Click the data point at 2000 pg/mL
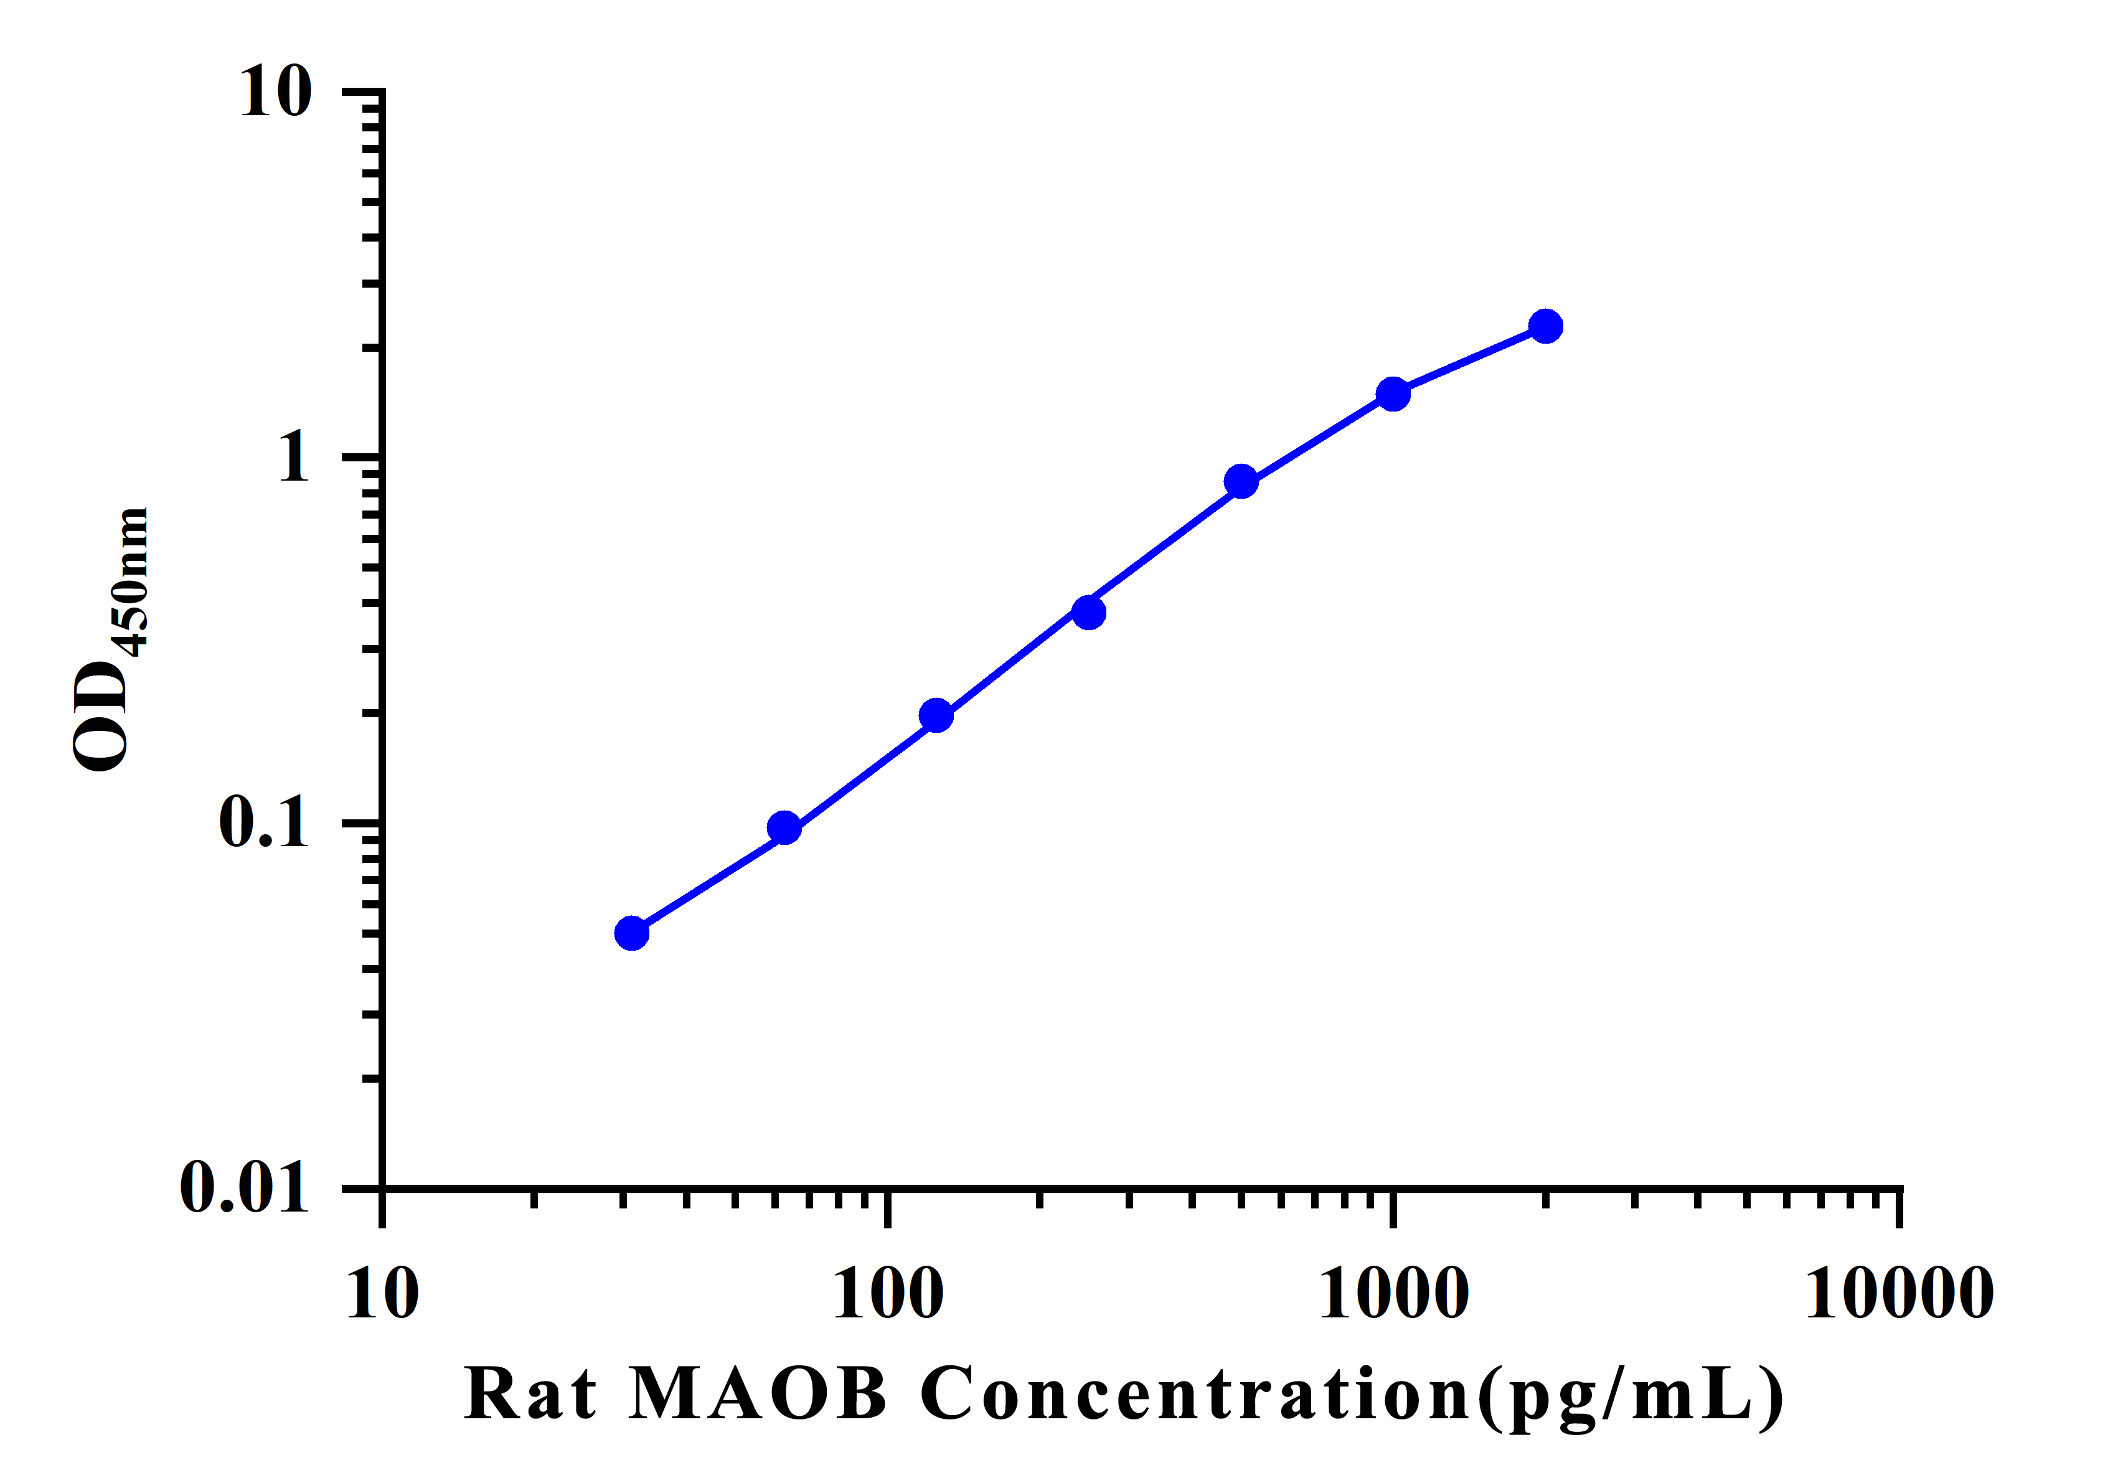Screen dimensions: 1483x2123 [1545, 326]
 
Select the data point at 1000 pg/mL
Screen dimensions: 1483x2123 [1393, 395]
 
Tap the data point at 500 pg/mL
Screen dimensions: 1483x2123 [1241, 482]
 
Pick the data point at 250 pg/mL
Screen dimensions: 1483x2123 [1090, 612]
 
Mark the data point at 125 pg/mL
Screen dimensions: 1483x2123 [936, 715]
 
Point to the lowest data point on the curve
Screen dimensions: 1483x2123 [631, 934]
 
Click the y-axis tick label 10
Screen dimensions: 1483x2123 [276, 93]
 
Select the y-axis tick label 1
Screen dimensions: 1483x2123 [294, 457]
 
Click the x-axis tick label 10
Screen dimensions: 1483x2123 [382, 1294]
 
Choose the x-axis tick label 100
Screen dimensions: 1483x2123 [888, 1294]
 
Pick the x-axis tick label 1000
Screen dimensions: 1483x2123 [1393, 1294]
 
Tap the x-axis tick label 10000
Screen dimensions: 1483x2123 [1899, 1294]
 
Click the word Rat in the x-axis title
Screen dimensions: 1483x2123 [530, 1394]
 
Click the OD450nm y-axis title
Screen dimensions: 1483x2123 [111, 639]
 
